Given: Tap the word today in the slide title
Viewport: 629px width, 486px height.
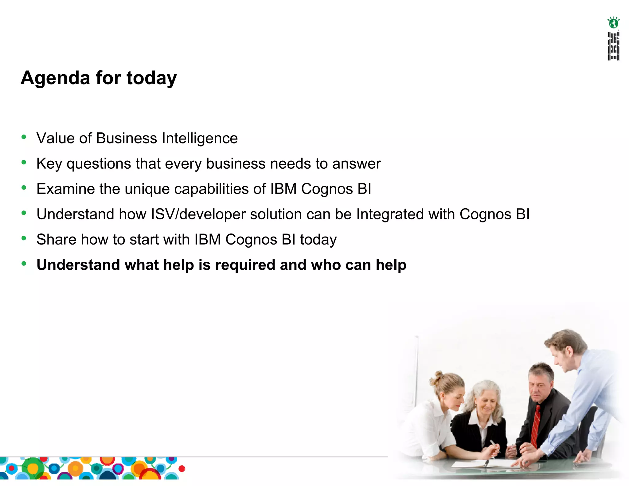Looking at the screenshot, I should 151,78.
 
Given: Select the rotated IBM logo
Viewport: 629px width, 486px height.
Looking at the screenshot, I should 613,46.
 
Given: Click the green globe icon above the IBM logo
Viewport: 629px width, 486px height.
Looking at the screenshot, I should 613,23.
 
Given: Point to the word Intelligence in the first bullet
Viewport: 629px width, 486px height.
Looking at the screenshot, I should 200,138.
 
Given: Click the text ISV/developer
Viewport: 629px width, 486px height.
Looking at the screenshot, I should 198,214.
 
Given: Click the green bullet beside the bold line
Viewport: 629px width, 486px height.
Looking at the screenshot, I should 24,264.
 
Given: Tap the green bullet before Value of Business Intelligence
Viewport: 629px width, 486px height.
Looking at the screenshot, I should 24,137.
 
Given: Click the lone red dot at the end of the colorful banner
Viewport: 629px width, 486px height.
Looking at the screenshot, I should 182,469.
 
